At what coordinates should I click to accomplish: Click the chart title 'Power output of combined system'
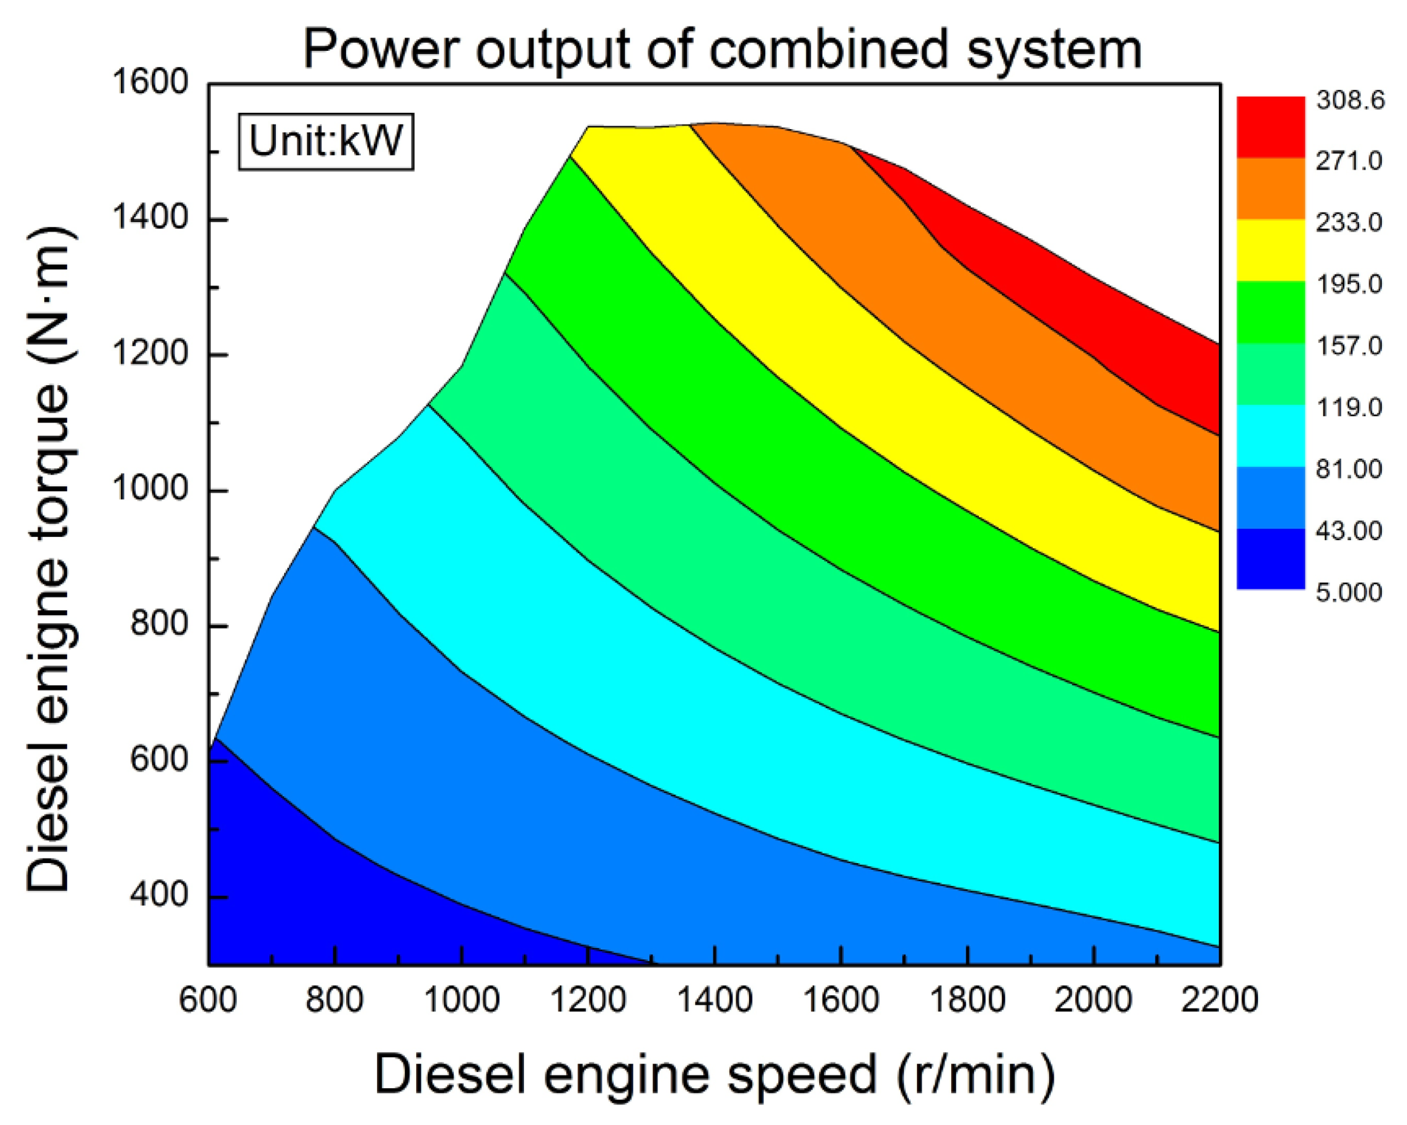(722, 49)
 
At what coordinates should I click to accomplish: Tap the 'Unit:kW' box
(325, 141)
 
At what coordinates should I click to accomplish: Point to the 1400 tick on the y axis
(150, 218)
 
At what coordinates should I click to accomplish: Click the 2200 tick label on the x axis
(1219, 1000)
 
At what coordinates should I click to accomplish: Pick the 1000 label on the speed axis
(461, 1000)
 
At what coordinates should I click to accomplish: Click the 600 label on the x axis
(208, 1000)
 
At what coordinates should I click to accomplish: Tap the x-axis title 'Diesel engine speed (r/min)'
(714, 1074)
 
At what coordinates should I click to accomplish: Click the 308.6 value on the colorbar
(1349, 100)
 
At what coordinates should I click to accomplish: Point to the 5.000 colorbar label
(1348, 592)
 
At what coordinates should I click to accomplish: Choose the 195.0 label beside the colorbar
(1348, 284)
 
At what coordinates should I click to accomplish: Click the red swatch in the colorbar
(1270, 127)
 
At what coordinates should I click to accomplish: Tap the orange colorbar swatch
(1270, 189)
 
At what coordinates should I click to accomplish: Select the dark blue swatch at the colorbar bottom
(1270, 558)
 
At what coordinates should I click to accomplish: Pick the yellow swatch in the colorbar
(1270, 250)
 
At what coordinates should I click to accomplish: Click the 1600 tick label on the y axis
(150, 82)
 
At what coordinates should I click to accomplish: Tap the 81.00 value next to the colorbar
(1348, 469)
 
